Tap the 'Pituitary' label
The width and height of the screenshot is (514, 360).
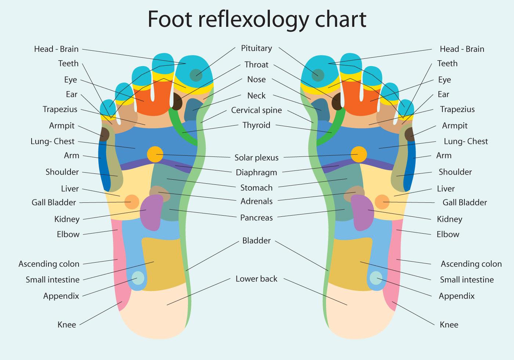coord(256,48)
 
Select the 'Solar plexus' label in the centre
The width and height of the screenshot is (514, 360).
coord(256,158)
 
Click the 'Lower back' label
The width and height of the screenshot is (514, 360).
coord(256,279)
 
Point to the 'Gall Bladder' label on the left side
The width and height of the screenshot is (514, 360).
coord(54,202)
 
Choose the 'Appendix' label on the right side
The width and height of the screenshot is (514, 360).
coord(456,296)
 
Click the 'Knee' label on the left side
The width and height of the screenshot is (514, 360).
coord(67,325)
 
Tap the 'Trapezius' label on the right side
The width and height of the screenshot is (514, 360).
coord(457,109)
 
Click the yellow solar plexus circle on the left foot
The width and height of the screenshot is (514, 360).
coord(155,154)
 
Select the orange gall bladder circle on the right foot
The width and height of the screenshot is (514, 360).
coord(382,202)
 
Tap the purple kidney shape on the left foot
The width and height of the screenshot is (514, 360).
coord(152,212)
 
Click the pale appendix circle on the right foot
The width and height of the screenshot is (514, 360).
coord(376,278)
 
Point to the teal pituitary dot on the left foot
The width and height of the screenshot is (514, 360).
coord(196,75)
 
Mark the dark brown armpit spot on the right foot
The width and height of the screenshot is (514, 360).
coord(410,134)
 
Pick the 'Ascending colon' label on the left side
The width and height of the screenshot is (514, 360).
coord(49,264)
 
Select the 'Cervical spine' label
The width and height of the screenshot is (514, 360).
coord(256,110)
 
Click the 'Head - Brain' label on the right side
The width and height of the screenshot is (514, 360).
coord(462,49)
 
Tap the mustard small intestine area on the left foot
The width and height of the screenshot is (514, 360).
coord(162,263)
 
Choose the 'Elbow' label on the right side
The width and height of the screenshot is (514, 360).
coord(448,234)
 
